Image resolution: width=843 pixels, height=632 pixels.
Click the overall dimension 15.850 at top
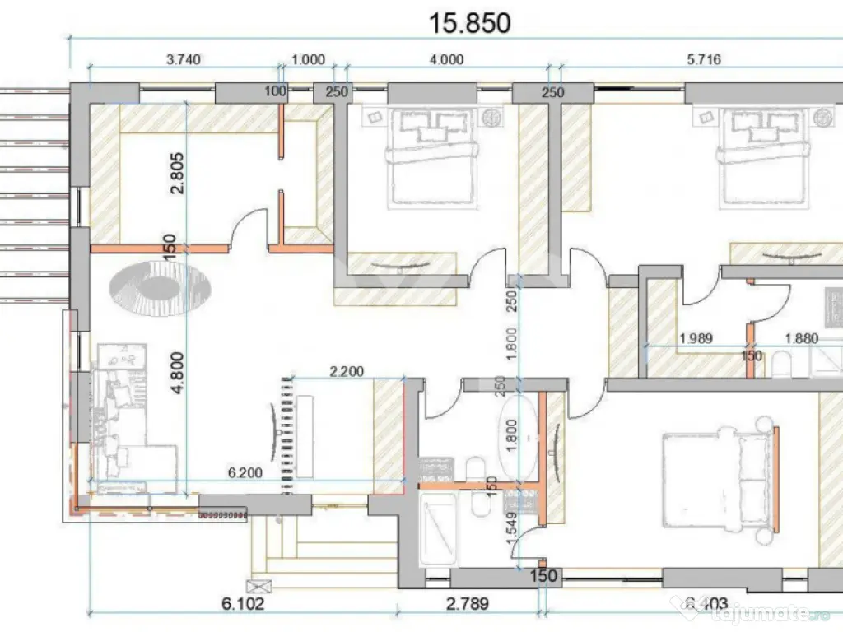click(470, 22)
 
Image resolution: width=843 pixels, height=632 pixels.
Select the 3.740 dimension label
click(184, 59)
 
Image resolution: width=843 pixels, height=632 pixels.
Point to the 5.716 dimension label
click(703, 59)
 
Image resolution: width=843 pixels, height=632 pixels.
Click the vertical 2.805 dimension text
click(175, 174)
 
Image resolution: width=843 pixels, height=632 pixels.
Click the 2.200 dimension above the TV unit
click(347, 372)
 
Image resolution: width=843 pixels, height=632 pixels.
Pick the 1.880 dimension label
click(800, 337)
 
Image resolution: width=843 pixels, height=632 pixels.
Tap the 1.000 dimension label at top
click(309, 59)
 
